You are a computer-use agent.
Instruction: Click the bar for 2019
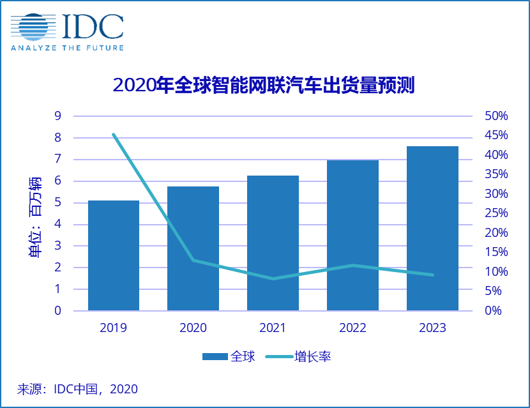click(x=114, y=255)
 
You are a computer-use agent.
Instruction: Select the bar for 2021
click(x=273, y=243)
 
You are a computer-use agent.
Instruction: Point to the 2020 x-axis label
click(x=193, y=328)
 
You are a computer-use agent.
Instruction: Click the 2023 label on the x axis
click(x=432, y=328)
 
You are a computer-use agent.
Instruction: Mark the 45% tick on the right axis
click(x=496, y=135)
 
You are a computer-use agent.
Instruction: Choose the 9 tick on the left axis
click(x=57, y=116)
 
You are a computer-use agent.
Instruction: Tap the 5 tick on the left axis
click(x=57, y=203)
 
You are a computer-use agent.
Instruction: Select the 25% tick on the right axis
click(x=496, y=213)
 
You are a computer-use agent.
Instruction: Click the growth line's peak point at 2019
click(x=114, y=135)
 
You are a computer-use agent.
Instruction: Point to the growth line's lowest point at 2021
click(x=273, y=278)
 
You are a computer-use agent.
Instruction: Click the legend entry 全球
click(x=229, y=356)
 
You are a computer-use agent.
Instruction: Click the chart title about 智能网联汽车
click(x=264, y=86)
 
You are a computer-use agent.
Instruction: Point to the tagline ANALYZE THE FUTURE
click(x=67, y=47)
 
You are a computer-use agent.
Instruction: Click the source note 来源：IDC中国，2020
click(x=77, y=388)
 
